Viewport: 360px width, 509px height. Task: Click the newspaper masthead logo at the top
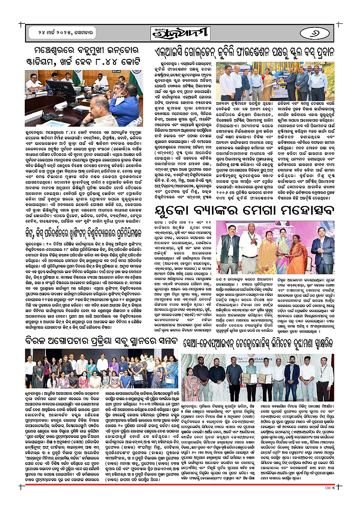pos(180,33)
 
